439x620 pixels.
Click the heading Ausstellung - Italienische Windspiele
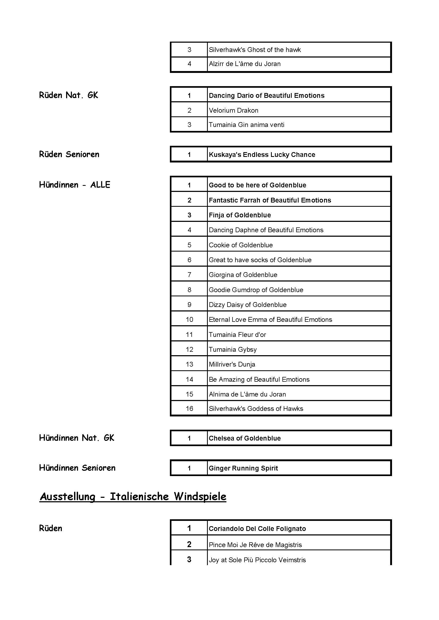coord(133,496)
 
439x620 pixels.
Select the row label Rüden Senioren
coord(69,154)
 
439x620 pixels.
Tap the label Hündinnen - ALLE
coord(75,185)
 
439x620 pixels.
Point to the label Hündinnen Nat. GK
coord(76,438)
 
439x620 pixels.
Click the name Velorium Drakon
coord(234,111)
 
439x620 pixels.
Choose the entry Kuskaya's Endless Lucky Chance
coord(262,155)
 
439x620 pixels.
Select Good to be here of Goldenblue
coord(257,185)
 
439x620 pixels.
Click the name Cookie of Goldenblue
coord(240,245)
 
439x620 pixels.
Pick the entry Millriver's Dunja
coord(232,364)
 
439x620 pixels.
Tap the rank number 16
coord(189,408)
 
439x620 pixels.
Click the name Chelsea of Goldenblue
coord(245,438)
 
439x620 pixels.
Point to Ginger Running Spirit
coord(243,468)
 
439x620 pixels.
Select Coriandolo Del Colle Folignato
coord(257,529)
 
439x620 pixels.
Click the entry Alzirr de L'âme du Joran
coord(245,64)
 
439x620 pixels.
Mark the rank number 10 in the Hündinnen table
coord(189,320)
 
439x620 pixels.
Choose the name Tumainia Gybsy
coord(233,350)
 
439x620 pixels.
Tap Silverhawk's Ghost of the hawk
coord(255,50)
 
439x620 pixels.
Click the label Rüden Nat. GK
coord(68,95)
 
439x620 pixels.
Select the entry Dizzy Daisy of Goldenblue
coord(247,305)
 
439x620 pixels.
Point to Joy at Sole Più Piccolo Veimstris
coord(257,560)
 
